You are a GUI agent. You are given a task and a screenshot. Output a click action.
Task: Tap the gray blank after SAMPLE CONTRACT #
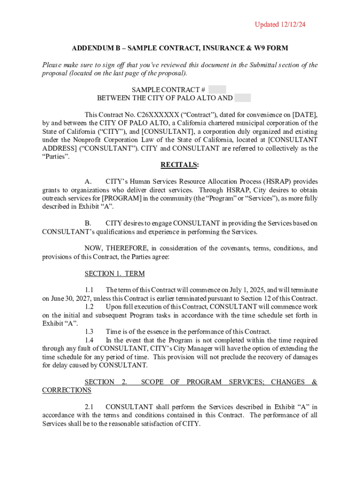pyautogui.click(x=217, y=89)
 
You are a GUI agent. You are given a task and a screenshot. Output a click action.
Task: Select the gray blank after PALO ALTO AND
pyautogui.click(x=243, y=98)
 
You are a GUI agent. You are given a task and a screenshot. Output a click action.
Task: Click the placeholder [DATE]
pyautogui.click(x=305, y=115)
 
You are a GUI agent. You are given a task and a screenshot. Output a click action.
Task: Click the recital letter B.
pyautogui.click(x=87, y=223)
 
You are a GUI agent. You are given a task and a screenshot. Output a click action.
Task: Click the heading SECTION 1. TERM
pyautogui.click(x=115, y=274)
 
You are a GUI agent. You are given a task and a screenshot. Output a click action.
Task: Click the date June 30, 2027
pyautogui.click(x=66, y=299)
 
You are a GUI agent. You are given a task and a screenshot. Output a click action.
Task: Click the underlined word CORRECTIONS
pyautogui.click(x=67, y=390)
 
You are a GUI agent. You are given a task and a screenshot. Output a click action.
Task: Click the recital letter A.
pyautogui.click(x=87, y=181)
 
